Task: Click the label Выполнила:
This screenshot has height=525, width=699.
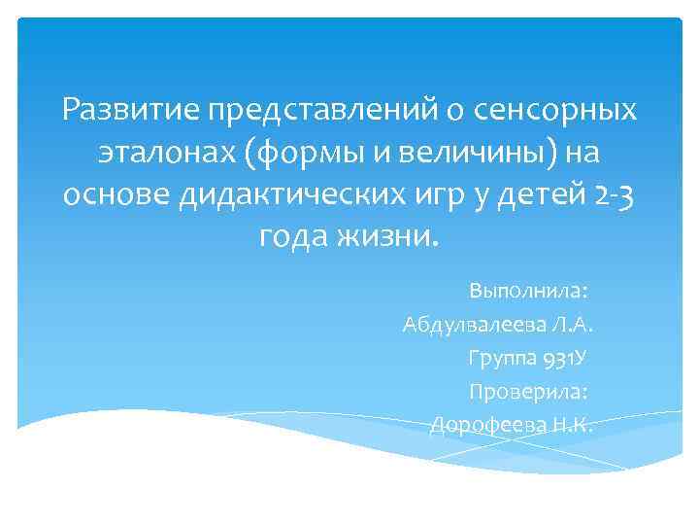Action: pyautogui.click(x=531, y=291)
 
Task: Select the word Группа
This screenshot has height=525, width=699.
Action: pyautogui.click(x=500, y=358)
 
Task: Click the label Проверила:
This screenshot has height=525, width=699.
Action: pyautogui.click(x=530, y=391)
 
